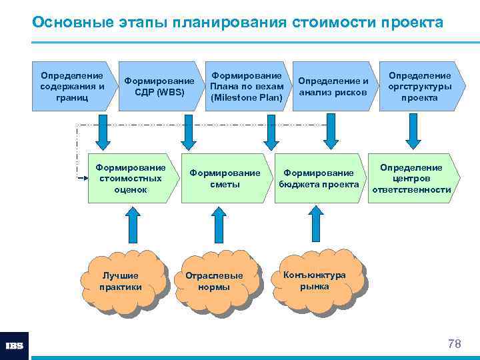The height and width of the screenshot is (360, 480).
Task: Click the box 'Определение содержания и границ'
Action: (72, 86)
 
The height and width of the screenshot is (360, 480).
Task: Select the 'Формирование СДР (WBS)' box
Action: (159, 86)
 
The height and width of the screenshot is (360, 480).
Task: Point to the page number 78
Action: (454, 344)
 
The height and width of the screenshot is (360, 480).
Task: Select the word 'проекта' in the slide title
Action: (411, 22)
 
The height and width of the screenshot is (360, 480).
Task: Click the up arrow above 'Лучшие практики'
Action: (131, 227)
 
